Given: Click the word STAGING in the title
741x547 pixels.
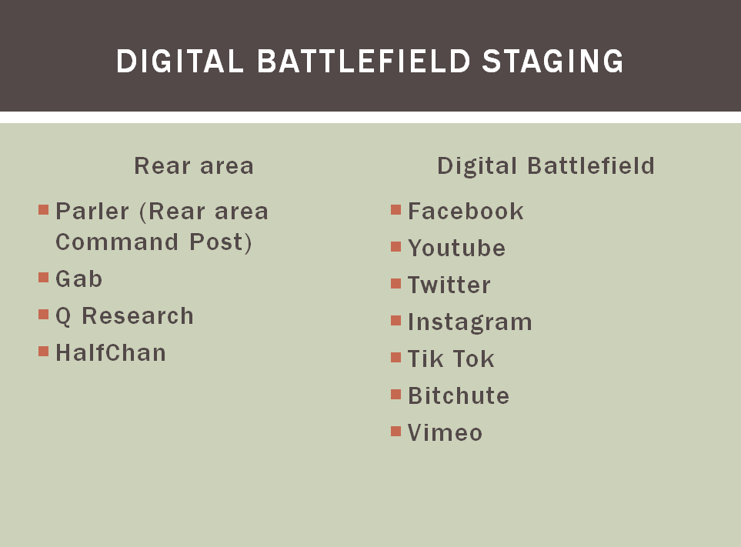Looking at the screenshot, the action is point(553,62).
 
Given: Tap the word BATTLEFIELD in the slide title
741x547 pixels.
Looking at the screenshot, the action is point(364,62).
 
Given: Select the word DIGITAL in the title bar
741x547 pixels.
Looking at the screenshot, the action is point(180,62).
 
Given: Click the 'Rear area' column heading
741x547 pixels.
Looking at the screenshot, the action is point(194,166).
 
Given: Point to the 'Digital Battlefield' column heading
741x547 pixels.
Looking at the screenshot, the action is point(546,166).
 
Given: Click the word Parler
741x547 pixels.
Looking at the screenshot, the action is point(92,211).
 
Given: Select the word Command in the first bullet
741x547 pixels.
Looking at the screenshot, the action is point(117,242).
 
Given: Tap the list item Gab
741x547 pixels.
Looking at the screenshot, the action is point(79,279).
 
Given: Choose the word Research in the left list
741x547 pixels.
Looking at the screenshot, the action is point(138,315).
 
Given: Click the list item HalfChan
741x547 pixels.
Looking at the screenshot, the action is point(111,353).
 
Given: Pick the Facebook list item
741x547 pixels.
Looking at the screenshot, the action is point(466,211).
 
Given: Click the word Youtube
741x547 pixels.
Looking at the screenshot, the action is point(457,248).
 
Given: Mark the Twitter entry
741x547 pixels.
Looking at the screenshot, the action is point(449,285).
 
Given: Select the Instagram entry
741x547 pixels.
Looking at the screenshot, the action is point(469,322).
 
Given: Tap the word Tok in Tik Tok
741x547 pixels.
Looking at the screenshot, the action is point(475,359).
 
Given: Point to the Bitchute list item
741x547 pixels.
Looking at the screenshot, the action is point(459,396).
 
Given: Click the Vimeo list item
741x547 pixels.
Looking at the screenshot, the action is point(446,432).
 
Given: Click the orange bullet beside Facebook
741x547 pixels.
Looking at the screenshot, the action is point(396,210).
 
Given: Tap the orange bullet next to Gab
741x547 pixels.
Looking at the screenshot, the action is point(44,277).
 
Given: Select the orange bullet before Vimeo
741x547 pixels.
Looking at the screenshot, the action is point(396,432).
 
